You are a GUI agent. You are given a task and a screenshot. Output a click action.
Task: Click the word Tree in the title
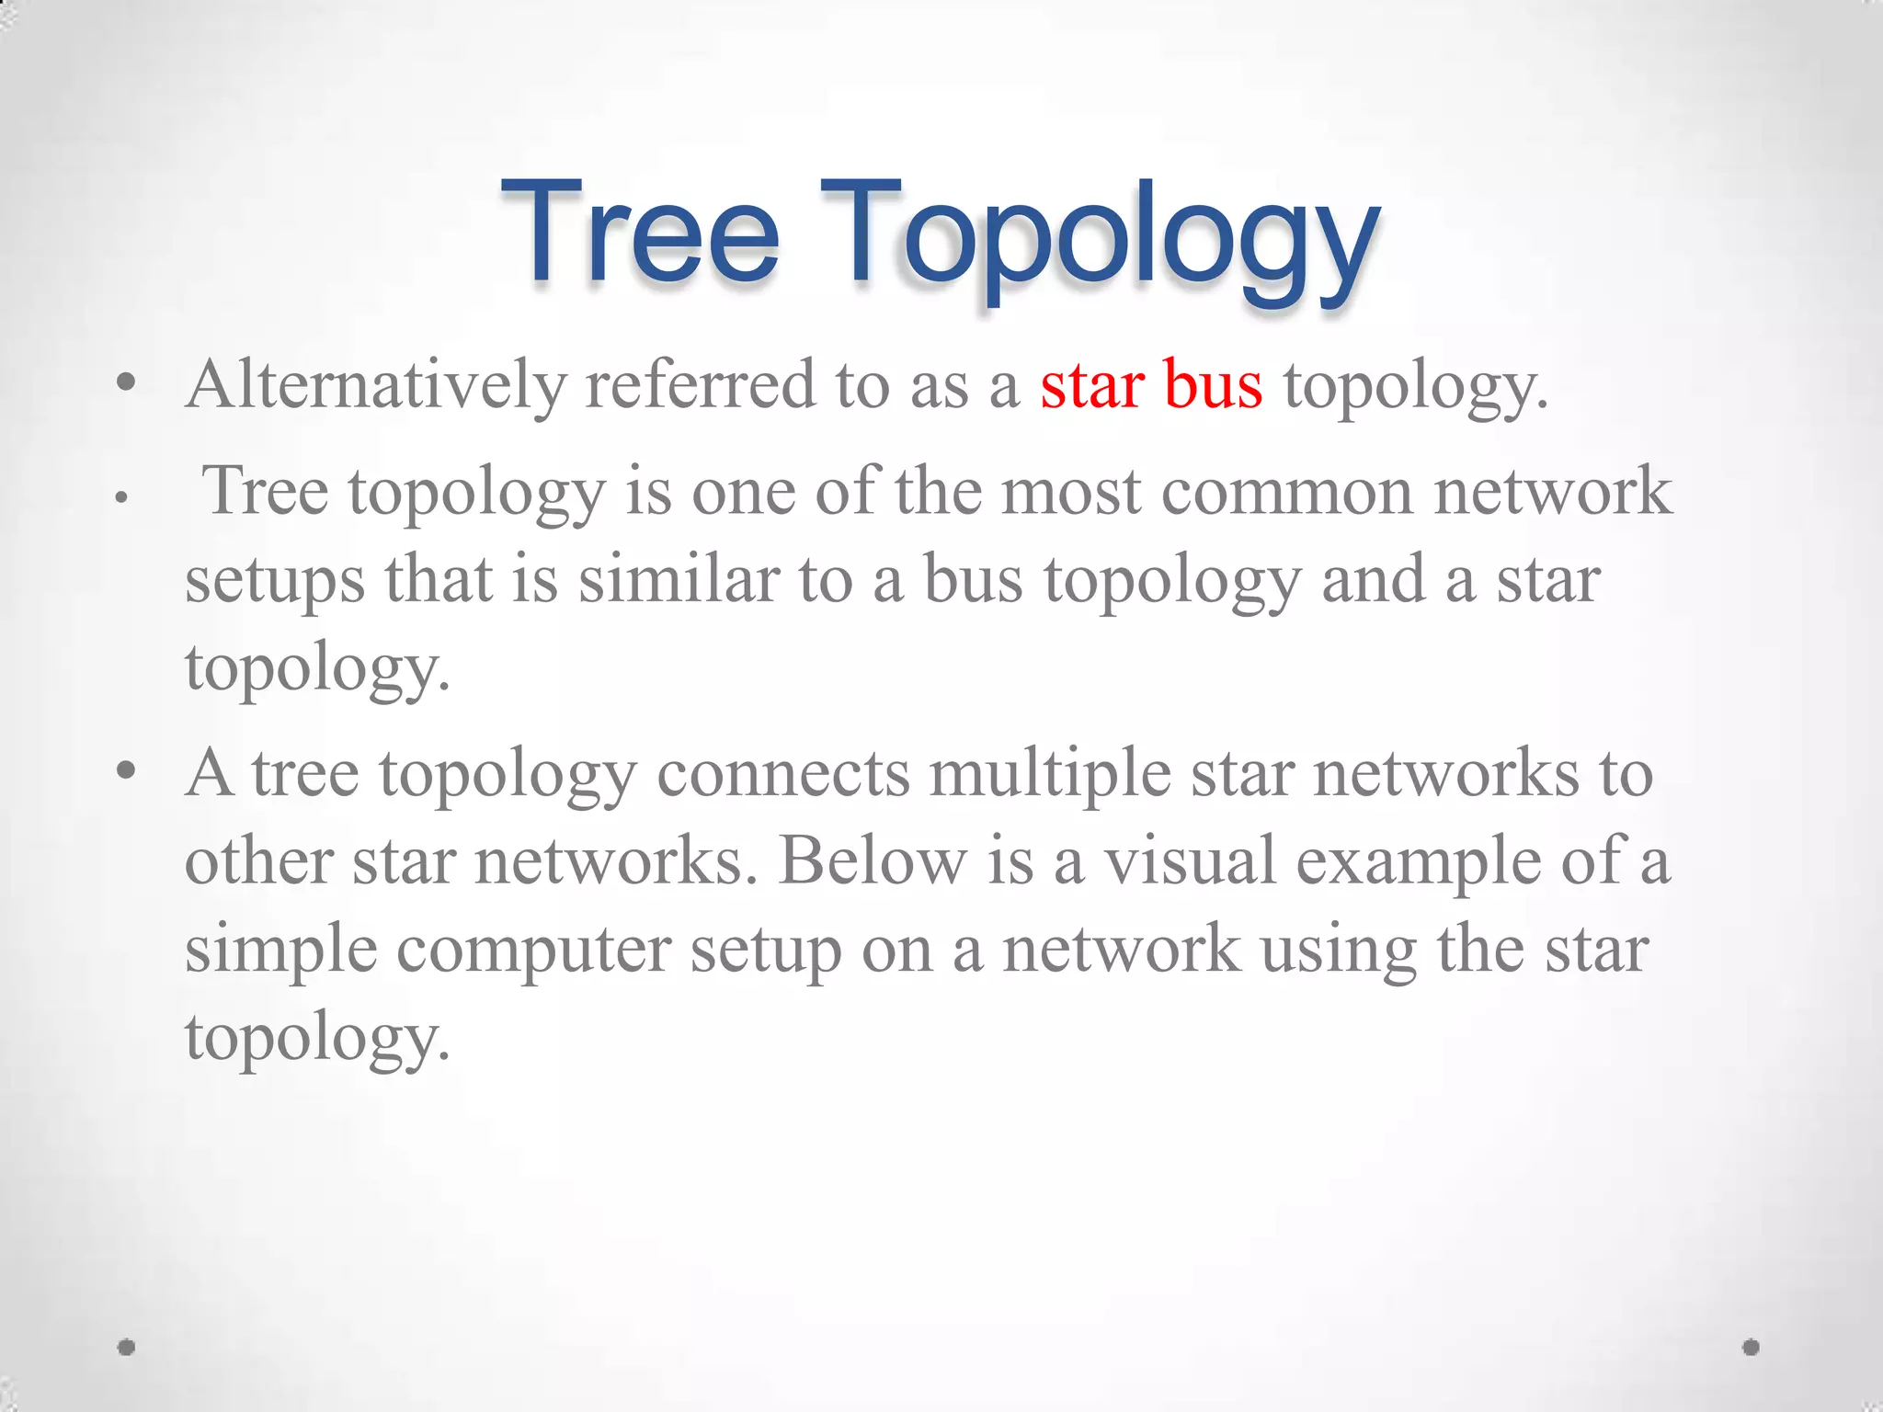(640, 232)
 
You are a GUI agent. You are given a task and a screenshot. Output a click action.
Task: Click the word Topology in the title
(1100, 237)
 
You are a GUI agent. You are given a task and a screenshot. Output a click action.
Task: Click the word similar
(679, 581)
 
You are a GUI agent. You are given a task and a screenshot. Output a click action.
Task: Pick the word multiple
(1050, 774)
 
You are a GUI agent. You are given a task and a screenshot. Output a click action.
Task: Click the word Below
(873, 862)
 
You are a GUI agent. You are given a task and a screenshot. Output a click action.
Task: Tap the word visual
(1190, 862)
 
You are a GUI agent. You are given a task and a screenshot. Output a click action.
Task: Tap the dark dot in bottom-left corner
(127, 1347)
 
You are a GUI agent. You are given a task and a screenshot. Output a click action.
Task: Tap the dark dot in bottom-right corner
(1751, 1347)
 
